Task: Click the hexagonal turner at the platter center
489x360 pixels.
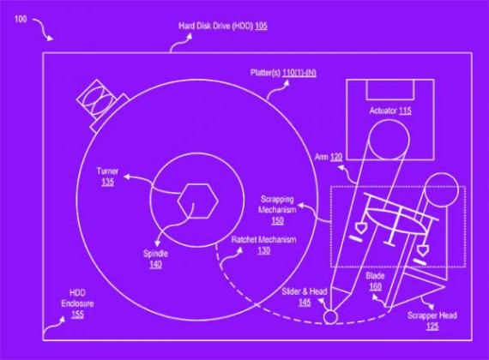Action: [197, 201]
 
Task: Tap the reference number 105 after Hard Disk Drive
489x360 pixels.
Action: [261, 26]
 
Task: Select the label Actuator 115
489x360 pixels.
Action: [390, 111]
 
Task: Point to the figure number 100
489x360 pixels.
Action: [21, 20]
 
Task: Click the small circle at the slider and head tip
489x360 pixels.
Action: [330, 317]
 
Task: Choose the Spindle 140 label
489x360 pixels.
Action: [155, 259]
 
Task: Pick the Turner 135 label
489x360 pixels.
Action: [107, 177]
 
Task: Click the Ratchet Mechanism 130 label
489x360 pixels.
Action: [264, 245]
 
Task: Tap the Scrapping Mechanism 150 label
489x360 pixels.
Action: [277, 210]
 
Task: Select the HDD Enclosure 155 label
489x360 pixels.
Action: [77, 303]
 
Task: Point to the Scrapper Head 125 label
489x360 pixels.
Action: [432, 321]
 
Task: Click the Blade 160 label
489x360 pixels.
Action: [375, 281]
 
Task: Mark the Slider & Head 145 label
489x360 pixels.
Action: [305, 297]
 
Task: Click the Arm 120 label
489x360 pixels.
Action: [329, 157]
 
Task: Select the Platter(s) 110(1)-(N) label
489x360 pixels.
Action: [283, 73]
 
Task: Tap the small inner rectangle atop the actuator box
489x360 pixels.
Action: [390, 90]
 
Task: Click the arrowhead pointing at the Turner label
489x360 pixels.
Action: [126, 177]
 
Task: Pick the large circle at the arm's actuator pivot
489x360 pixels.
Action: [389, 139]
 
